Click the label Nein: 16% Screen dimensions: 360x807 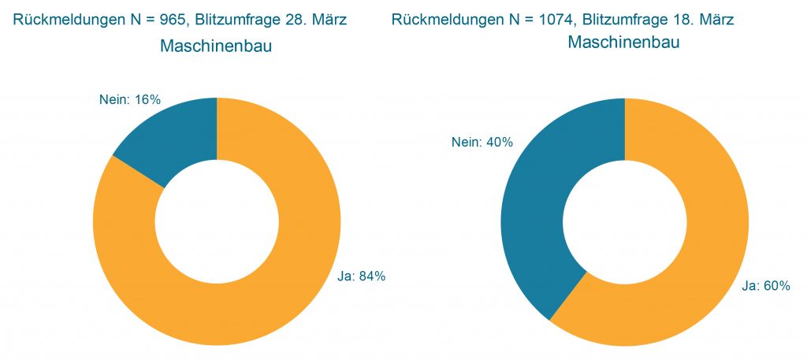tap(130, 100)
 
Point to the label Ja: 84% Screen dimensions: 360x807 tap(361, 276)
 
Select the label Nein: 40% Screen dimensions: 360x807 tap(482, 143)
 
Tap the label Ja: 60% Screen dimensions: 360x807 tap(765, 286)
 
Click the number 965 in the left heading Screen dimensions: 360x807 tap(169, 20)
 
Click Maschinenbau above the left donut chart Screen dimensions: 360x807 tap(216, 46)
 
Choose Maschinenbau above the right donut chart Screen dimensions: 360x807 tap(623, 43)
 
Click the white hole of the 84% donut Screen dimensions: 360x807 tap(217, 221)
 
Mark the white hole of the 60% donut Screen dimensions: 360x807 tap(624, 221)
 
